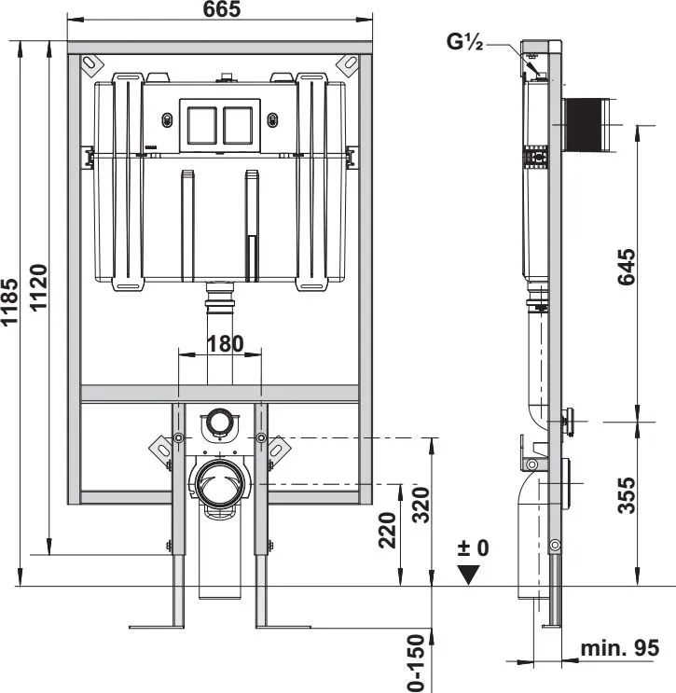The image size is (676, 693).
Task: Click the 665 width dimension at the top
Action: (222, 9)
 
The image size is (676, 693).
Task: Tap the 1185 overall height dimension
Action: (9, 302)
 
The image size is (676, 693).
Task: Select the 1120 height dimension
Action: (38, 287)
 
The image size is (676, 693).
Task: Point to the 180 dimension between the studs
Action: (226, 344)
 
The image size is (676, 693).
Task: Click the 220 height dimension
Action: (388, 530)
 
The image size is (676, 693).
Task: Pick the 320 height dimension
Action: (421, 506)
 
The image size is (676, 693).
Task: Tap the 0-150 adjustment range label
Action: (416, 663)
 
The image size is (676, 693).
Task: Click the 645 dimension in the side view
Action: (627, 267)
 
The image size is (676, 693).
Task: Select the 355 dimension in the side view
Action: (627, 495)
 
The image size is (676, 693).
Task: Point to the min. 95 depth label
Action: (619, 648)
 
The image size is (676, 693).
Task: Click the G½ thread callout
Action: (464, 42)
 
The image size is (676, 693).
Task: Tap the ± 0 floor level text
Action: (474, 548)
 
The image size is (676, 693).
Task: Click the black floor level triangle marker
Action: (468, 575)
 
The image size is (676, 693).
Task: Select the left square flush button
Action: (202, 126)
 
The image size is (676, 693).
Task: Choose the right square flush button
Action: (238, 126)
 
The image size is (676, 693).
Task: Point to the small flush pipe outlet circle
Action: (219, 421)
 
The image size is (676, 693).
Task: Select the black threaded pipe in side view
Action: (583, 124)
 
